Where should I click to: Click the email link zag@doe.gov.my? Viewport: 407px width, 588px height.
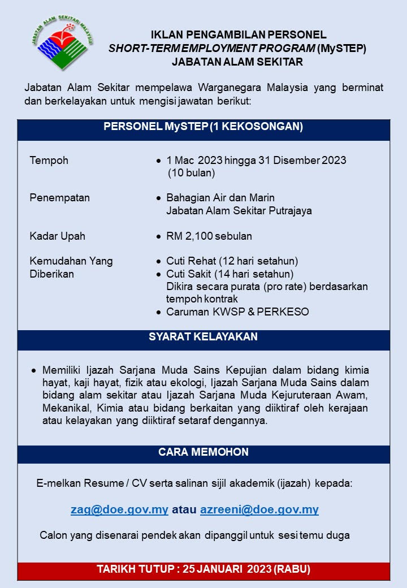[119, 509]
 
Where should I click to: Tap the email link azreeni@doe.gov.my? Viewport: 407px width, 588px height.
[259, 509]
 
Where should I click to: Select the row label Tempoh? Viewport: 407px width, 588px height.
[49, 160]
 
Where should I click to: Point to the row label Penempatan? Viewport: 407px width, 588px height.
[59, 198]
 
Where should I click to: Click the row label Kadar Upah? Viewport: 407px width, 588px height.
[57, 236]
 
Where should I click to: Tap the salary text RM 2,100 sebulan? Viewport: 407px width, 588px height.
[209, 236]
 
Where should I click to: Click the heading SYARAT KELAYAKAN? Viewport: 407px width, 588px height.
[203, 337]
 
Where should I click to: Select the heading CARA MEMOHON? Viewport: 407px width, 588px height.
[203, 452]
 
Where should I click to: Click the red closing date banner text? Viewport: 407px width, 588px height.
[203, 569]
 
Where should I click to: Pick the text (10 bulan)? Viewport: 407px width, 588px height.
[191, 173]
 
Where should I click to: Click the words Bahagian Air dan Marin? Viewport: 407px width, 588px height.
[220, 198]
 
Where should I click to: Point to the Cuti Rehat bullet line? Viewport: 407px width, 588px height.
[232, 261]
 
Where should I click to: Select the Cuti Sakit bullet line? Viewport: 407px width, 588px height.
[230, 274]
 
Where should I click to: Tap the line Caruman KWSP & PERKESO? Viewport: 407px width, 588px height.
[237, 312]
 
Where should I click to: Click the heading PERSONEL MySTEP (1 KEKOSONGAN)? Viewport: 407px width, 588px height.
[203, 127]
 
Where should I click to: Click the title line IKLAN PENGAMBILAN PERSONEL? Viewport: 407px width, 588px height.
[238, 35]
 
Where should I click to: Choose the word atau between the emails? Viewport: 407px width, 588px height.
[184, 509]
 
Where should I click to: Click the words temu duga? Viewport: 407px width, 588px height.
[331, 535]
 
